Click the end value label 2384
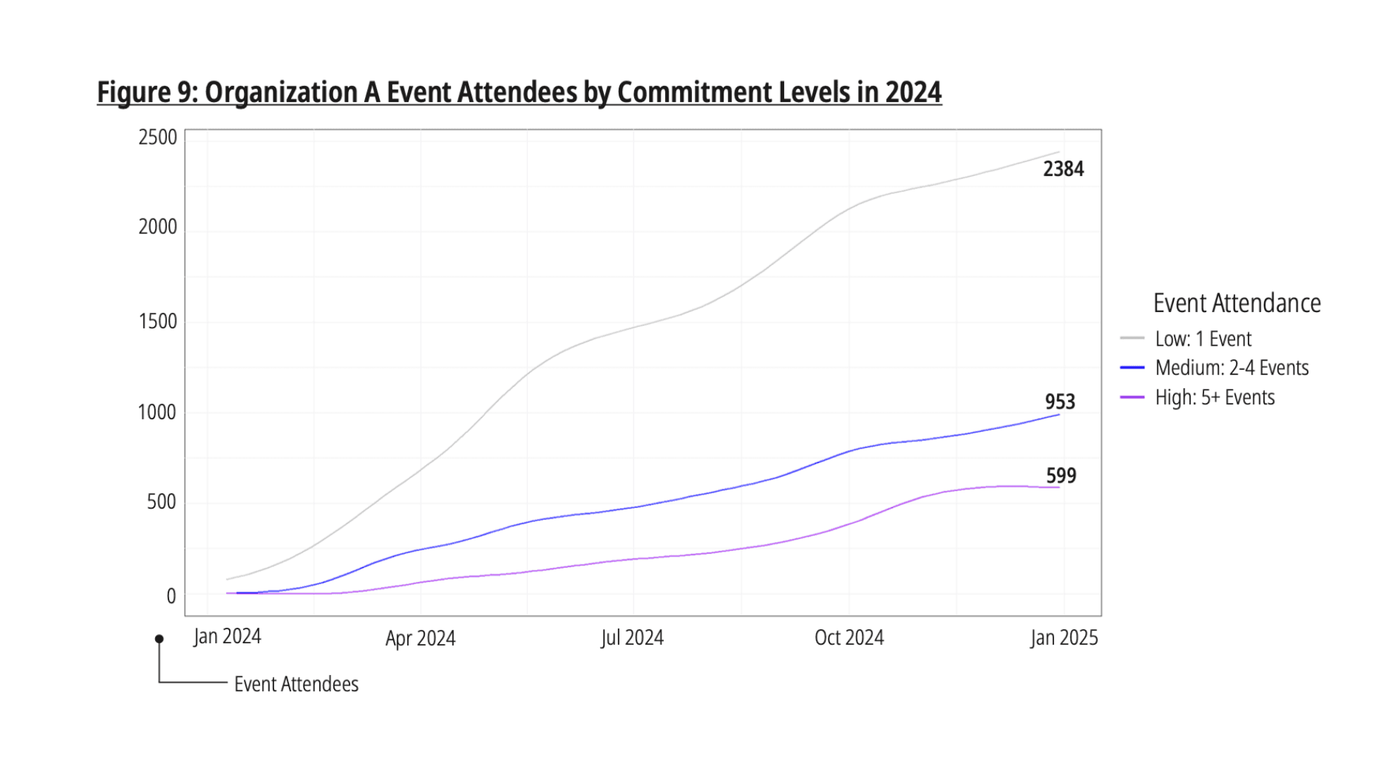[x=1063, y=169]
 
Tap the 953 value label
[x=1060, y=402]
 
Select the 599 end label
[x=1060, y=476]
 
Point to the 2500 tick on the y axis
[x=158, y=137]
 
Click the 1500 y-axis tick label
[x=158, y=321]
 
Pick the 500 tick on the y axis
[x=161, y=502]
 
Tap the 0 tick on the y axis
[x=171, y=596]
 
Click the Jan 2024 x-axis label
[x=227, y=636]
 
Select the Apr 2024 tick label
[x=420, y=638]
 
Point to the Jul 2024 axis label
[x=632, y=638]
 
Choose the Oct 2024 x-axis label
[x=848, y=638]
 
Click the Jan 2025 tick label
[x=1063, y=638]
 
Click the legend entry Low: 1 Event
[x=1203, y=339]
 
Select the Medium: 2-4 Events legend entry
[x=1231, y=368]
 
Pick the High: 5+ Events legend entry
[x=1214, y=397]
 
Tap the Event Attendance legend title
[x=1237, y=303]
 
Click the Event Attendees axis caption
[x=296, y=684]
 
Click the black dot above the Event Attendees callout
[x=159, y=639]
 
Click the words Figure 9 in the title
[x=147, y=92]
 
